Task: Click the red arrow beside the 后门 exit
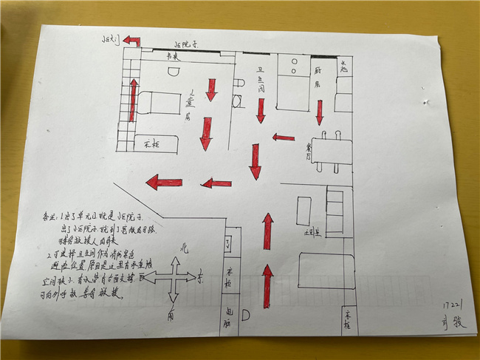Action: (x=131, y=41)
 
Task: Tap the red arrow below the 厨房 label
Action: (x=320, y=112)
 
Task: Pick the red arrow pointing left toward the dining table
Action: (x=284, y=137)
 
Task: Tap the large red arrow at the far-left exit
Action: (x=163, y=182)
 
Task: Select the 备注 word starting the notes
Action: (x=49, y=220)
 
